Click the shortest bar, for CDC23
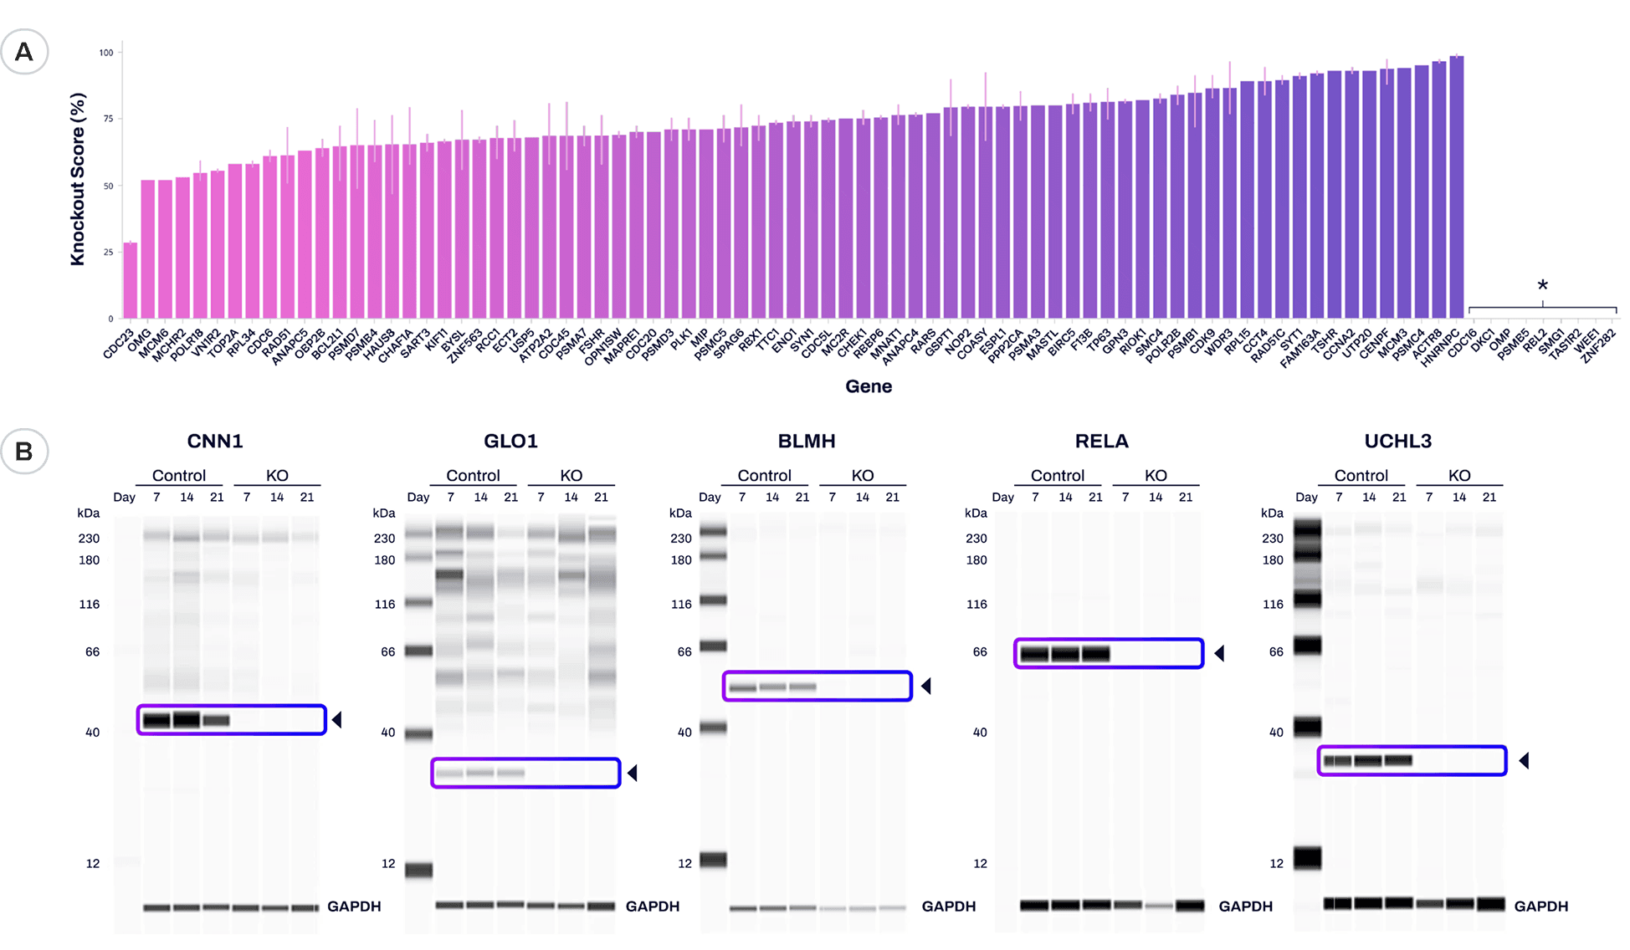[130, 281]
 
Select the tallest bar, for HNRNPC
[1456, 187]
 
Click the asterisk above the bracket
[1542, 286]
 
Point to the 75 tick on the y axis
[108, 119]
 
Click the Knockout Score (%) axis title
[78, 179]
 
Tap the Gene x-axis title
[868, 386]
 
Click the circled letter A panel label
[24, 52]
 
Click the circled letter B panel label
[24, 452]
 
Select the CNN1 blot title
[214, 441]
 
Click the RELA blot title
[1101, 441]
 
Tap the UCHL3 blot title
[1397, 441]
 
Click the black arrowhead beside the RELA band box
[1219, 653]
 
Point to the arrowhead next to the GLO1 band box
[633, 773]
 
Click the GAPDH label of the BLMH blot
[948, 906]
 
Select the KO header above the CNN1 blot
[277, 475]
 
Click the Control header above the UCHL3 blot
[1361, 475]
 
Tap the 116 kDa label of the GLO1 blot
[384, 604]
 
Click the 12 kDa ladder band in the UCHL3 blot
[1307, 857]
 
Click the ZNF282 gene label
[1598, 345]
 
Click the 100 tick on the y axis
[106, 53]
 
